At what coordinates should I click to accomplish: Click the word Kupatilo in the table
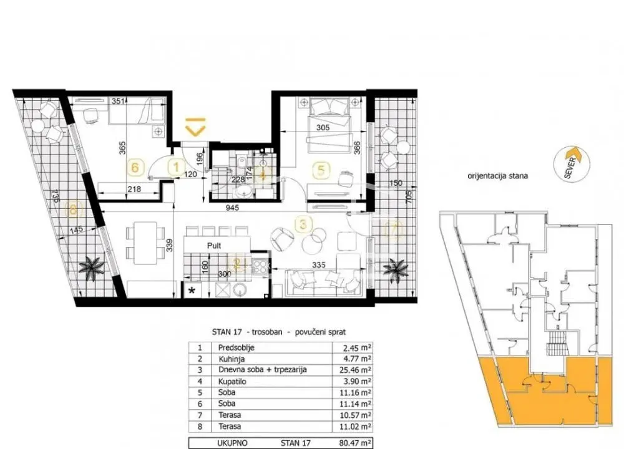click(x=231, y=380)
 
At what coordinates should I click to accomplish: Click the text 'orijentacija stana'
click(x=497, y=176)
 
